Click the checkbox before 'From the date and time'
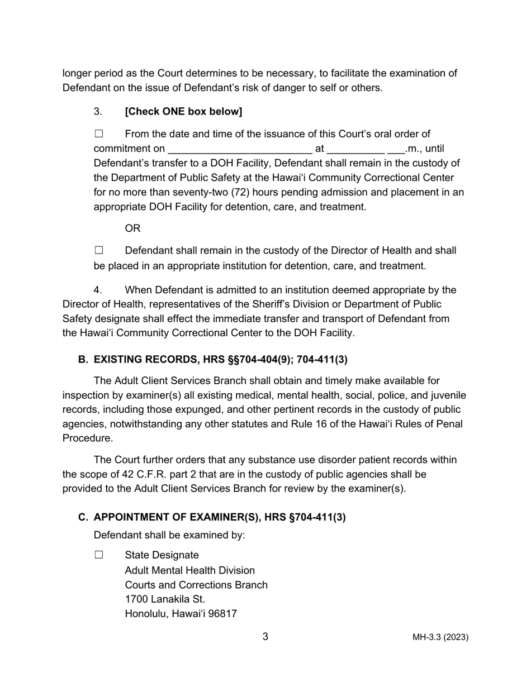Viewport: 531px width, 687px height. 99,134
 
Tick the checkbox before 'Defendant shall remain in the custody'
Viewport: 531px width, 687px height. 99,251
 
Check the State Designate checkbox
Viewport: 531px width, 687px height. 99,555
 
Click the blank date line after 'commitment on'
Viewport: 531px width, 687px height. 239,150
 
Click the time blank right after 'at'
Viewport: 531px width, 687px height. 355,150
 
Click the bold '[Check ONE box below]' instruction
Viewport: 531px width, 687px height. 183,112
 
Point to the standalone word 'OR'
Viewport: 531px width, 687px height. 132,228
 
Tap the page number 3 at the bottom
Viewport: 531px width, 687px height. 265,637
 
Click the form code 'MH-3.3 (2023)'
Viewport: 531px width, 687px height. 440,637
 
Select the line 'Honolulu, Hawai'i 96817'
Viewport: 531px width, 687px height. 181,614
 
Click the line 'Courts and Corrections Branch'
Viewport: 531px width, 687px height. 196,585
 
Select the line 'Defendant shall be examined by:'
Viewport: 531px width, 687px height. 169,536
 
